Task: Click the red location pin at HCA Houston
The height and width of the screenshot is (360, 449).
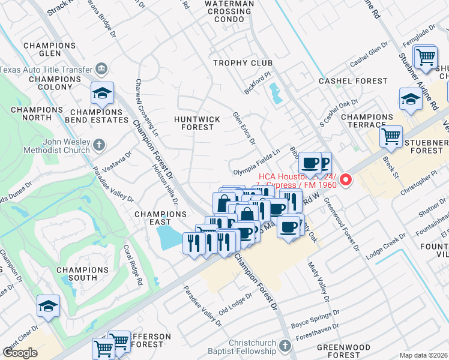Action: (346, 180)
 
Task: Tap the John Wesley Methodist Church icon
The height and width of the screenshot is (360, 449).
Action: (100, 145)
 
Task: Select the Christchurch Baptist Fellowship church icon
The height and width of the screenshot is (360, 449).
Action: (285, 346)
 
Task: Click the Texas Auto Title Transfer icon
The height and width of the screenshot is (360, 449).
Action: (101, 69)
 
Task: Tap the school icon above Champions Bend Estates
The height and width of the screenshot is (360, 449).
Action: (103, 93)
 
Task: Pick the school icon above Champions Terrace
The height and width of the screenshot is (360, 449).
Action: (411, 98)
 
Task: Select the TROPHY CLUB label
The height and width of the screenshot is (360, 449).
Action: (243, 63)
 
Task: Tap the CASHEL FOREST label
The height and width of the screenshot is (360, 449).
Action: (347, 80)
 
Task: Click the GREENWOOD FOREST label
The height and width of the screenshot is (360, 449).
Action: (343, 352)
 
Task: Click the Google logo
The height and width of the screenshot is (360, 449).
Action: (20, 353)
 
